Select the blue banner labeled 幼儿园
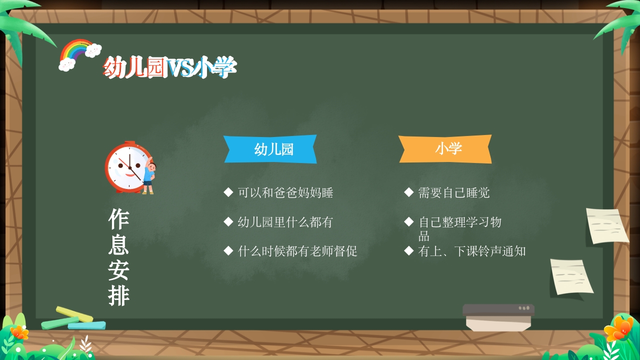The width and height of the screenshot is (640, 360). click(270, 149)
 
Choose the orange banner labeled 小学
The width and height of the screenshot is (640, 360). click(445, 148)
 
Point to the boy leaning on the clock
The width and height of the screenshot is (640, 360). click(148, 176)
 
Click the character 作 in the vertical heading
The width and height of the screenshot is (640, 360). click(119, 219)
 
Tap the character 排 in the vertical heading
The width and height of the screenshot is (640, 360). click(119, 296)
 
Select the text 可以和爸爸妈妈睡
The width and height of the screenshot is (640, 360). click(285, 192)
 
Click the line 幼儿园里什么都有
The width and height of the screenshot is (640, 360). click(285, 222)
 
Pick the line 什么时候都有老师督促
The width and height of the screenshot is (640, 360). click(297, 251)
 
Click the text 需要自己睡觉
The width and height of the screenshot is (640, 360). click(453, 192)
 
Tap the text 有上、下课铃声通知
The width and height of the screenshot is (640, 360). click(471, 251)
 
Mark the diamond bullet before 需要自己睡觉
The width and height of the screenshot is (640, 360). click(408, 192)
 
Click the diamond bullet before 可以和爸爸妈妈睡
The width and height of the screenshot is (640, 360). click(228, 192)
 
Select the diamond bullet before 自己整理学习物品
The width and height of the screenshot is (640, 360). click(408, 221)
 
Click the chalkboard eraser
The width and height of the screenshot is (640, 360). click(498, 317)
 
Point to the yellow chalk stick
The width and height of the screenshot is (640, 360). click(74, 314)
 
